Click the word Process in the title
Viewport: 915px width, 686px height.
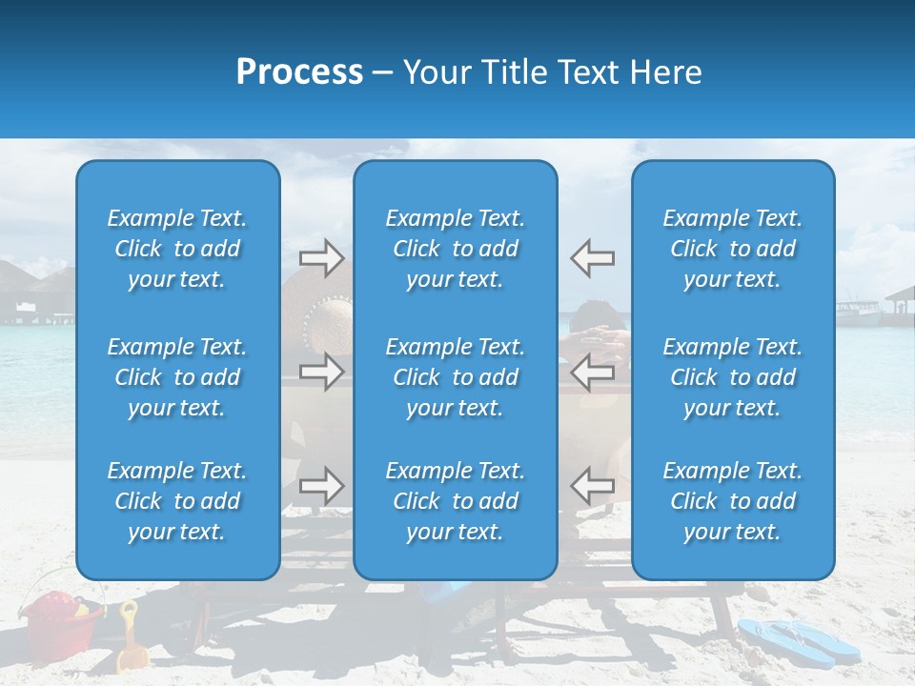coord(299,72)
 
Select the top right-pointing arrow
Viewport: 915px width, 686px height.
coord(321,258)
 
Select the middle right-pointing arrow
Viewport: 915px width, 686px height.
coord(321,372)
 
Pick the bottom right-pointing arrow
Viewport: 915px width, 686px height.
coord(321,486)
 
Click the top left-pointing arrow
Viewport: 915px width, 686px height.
coord(592,258)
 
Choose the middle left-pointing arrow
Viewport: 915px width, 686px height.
coord(592,372)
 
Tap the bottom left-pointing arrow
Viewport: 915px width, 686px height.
coord(592,486)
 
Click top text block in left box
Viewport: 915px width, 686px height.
coord(177,249)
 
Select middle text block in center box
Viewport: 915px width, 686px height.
coord(456,377)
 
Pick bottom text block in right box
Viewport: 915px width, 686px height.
coord(733,501)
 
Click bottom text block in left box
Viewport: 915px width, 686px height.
coord(177,501)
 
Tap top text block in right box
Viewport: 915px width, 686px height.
coord(733,249)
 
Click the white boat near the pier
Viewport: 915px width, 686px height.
coord(858,310)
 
